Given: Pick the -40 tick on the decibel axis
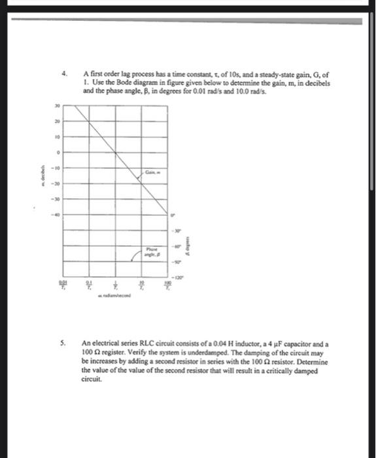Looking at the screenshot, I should tap(57, 215).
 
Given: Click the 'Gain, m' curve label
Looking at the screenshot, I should tap(153, 172).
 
